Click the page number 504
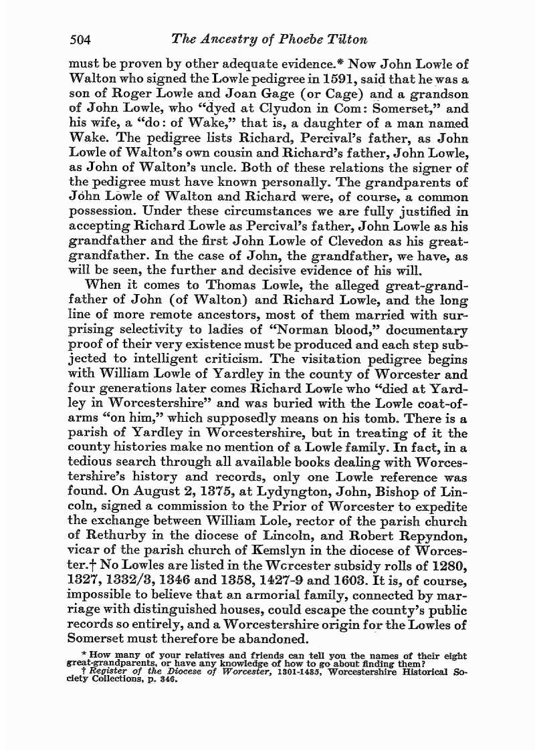click(x=80, y=39)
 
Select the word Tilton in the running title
click(x=347, y=39)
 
